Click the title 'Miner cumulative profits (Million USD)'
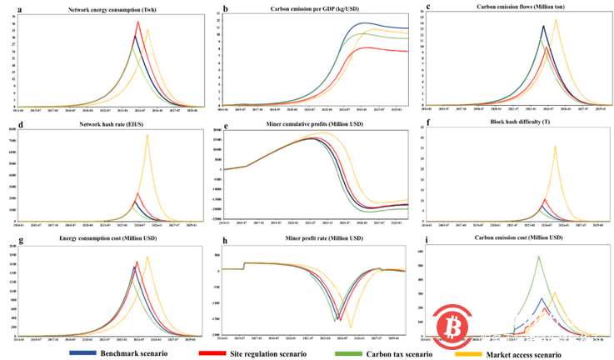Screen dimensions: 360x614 coord(311,124)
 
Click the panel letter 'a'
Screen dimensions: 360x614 coord(7,7)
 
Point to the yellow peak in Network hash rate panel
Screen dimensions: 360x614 coord(147,136)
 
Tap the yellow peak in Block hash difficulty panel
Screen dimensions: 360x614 coord(556,147)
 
